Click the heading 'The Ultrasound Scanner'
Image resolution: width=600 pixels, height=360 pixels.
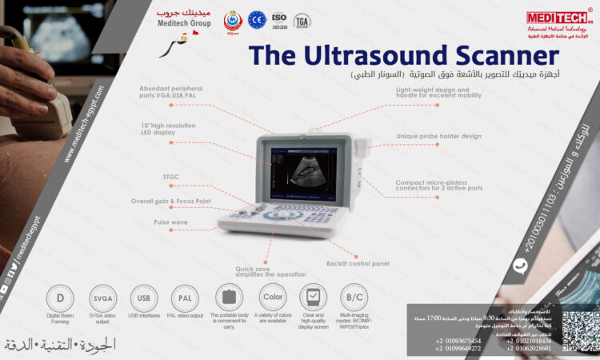pos(402,56)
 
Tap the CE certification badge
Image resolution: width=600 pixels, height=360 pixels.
pos(257,20)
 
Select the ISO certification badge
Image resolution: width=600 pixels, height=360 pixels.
pos(279,20)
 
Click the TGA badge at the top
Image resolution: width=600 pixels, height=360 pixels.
pos(302,21)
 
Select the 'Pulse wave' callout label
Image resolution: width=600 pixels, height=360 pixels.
pos(170,222)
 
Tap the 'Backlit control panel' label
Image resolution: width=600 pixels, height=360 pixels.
pos(358,262)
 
